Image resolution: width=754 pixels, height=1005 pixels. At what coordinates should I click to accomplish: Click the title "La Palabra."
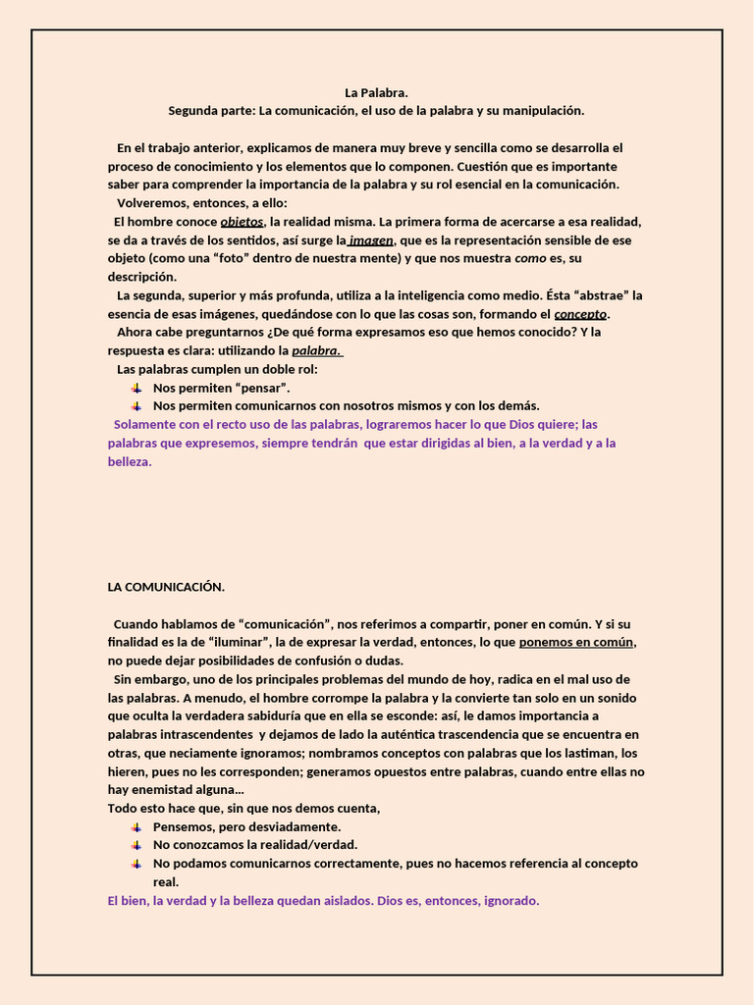[x=376, y=93]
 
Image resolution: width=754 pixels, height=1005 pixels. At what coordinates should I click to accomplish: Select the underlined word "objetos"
[x=242, y=222]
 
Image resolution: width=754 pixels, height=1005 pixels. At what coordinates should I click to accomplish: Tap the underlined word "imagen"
[x=371, y=240]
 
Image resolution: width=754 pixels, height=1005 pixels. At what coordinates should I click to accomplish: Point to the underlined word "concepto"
[x=581, y=314]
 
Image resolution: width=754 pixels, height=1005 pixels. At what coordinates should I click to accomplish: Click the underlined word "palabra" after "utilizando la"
[x=316, y=350]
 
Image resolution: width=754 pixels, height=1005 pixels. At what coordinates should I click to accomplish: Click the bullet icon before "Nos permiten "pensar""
[x=136, y=388]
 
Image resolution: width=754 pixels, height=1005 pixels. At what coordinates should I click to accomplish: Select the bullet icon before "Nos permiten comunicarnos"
[x=136, y=405]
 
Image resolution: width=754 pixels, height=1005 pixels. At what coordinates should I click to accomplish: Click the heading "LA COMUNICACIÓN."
[x=166, y=588]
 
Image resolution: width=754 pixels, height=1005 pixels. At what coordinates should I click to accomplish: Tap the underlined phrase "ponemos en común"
[x=577, y=643]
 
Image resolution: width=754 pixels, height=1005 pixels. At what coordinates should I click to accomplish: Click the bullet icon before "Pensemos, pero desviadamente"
[x=136, y=826]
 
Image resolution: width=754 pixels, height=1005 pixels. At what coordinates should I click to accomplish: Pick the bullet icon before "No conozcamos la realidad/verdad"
[x=136, y=844]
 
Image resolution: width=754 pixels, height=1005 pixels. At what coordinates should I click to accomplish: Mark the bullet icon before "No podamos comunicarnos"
[x=136, y=864]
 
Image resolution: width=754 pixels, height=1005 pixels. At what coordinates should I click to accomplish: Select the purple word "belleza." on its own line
[x=130, y=461]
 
